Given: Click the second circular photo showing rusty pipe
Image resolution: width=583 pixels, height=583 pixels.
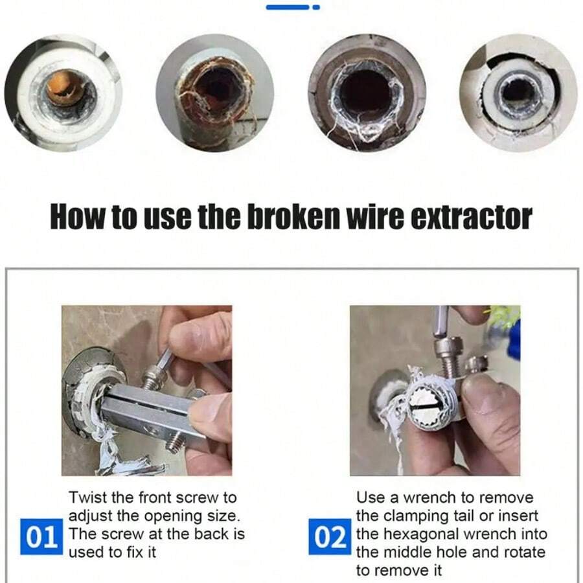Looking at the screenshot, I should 214,92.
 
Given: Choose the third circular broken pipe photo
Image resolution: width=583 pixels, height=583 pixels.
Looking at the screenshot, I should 367,92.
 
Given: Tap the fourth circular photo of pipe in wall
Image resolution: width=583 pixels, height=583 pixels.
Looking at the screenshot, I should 518,92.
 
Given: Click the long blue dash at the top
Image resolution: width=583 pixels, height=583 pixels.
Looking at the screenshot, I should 288,7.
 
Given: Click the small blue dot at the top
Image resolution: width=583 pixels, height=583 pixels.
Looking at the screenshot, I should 315,7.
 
